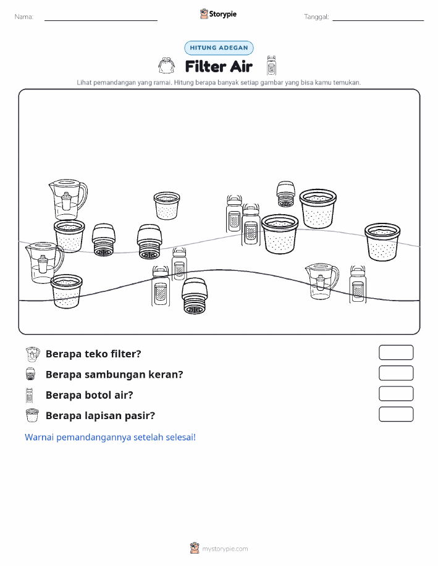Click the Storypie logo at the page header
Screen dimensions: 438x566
pyautogui.click(x=218, y=14)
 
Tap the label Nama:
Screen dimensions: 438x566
pyautogui.click(x=24, y=17)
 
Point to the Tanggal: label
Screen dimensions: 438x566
pyautogui.click(x=316, y=17)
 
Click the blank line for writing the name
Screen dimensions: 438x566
pyautogui.click(x=101, y=20)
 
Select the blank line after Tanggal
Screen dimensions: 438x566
pyautogui.click(x=378, y=20)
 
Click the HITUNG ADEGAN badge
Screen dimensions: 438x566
pyautogui.click(x=219, y=48)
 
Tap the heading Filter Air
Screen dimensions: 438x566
pyautogui.click(x=219, y=67)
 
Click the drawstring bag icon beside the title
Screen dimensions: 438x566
pyautogui.click(x=167, y=65)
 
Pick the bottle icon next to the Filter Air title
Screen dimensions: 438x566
pyautogui.click(x=271, y=65)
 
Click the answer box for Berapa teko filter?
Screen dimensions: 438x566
pyautogui.click(x=396, y=352)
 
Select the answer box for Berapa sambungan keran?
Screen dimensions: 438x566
pyautogui.click(x=396, y=373)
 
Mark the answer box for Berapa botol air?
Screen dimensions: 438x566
pyautogui.click(x=396, y=394)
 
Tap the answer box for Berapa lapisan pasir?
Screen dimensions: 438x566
pyautogui.click(x=396, y=414)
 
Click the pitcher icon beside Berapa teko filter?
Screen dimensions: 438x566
pyautogui.click(x=33, y=354)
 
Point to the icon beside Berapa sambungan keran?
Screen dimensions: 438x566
pyautogui.click(x=31, y=374)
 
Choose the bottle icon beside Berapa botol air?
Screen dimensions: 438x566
pyautogui.click(x=29, y=395)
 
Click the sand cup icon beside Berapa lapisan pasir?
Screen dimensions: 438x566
pyautogui.click(x=32, y=415)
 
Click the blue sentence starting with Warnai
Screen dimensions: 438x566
pyautogui.click(x=110, y=437)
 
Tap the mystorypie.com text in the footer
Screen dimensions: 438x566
pyautogui.click(x=225, y=549)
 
